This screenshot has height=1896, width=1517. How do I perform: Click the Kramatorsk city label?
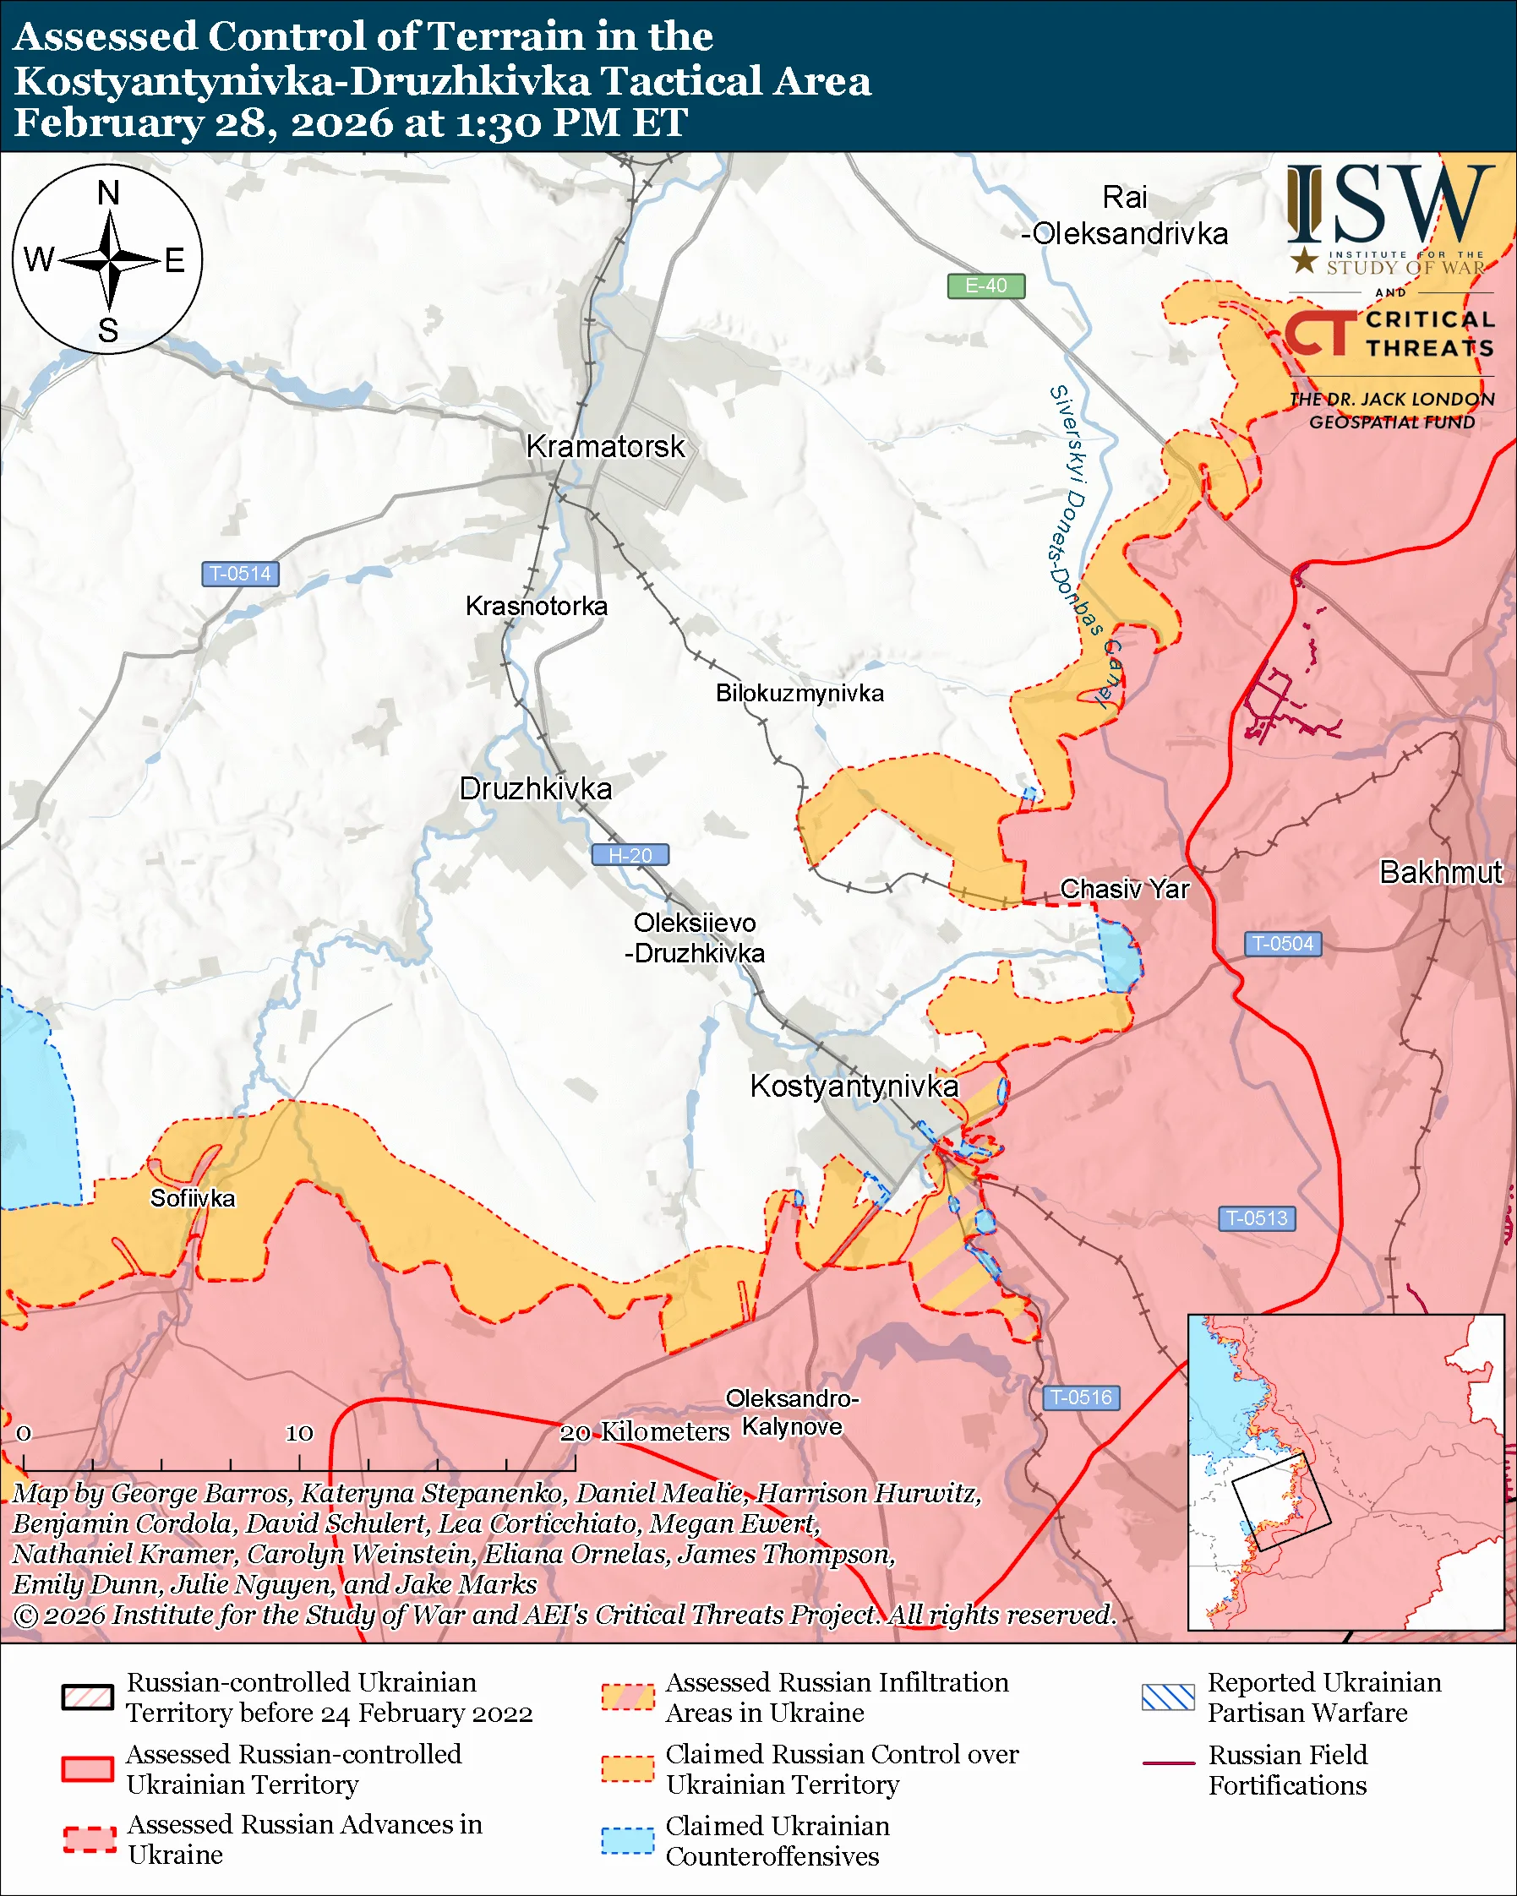point(605,447)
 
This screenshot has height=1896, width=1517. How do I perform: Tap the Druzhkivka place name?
point(536,789)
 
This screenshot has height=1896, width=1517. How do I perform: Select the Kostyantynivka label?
point(853,1086)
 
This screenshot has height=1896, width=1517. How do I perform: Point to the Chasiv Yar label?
point(1124,889)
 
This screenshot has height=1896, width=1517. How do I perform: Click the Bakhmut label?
point(1440,872)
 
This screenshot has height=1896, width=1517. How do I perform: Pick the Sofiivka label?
point(193,1199)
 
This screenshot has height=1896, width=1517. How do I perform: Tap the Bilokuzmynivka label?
point(799,694)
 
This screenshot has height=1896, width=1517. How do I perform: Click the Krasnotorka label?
point(537,607)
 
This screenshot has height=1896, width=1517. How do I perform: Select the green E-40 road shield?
point(985,286)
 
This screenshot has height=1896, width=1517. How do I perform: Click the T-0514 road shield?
point(240,575)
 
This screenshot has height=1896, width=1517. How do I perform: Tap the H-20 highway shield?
point(630,855)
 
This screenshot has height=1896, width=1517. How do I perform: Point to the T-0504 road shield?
point(1282,945)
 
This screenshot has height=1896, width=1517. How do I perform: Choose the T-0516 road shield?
point(1081,1397)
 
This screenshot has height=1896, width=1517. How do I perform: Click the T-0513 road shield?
point(1256,1219)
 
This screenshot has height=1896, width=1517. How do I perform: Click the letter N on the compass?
point(108,193)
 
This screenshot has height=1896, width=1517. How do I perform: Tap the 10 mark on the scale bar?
point(299,1434)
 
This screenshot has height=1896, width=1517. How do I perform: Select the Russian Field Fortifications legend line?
point(1168,1764)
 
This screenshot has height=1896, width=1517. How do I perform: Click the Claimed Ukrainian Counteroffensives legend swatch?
point(627,1840)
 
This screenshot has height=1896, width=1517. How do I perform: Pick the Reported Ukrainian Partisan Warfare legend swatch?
point(1168,1697)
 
